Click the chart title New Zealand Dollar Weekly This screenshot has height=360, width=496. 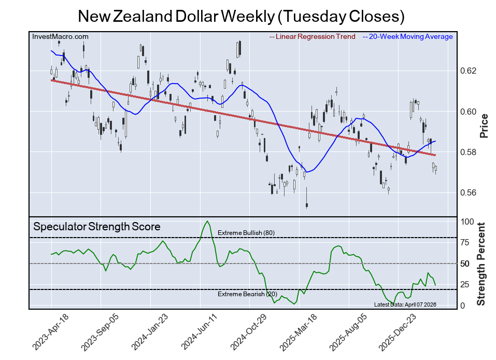coord(241,16)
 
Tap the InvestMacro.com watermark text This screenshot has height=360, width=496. coord(60,36)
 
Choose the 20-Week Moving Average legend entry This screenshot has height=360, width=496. coord(410,36)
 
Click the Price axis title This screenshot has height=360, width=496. coord(484,126)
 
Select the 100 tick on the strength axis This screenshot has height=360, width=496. coord(467,221)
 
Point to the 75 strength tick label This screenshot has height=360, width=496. coord(465,242)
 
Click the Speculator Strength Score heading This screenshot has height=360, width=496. coord(97,227)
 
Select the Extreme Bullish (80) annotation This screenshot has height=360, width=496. coord(246,233)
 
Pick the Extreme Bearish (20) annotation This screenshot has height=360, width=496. coord(247,295)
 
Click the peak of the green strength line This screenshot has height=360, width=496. coord(207,221)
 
